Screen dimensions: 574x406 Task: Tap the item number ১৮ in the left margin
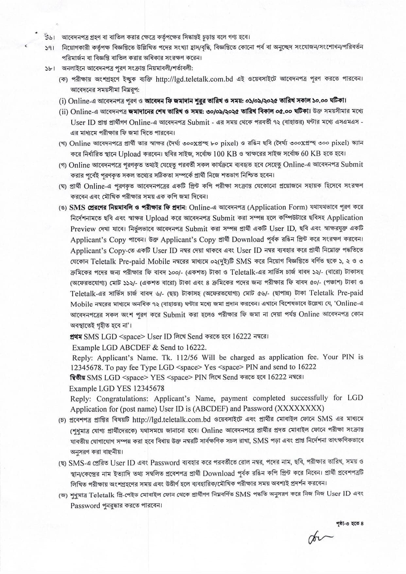49,69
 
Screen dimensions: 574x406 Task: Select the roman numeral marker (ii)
63,112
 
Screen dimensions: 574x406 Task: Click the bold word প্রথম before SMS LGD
76,337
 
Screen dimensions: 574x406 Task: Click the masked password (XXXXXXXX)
299,409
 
